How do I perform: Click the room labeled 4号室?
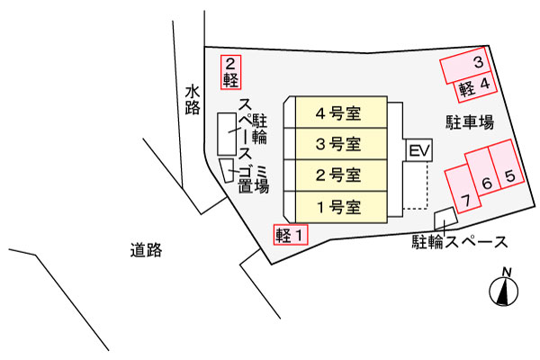[x=337, y=114]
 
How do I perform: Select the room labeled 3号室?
[x=337, y=144]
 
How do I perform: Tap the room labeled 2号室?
[x=337, y=175]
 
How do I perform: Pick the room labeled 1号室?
[x=337, y=206]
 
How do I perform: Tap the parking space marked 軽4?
[x=476, y=86]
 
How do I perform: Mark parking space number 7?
[x=464, y=193]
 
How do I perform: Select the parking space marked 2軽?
[x=232, y=72]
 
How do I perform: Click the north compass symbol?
[x=504, y=290]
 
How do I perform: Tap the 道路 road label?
[x=146, y=250]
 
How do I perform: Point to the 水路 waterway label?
[x=192, y=101]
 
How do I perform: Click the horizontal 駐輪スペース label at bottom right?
[x=459, y=241]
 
